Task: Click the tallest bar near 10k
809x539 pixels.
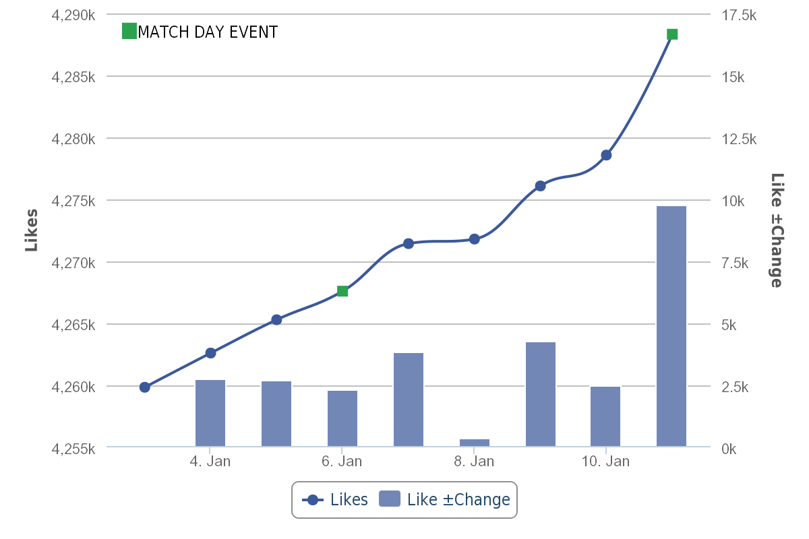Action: [x=671, y=326]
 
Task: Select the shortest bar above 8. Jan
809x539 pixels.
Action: [x=475, y=442]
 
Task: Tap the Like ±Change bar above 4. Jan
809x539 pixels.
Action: [x=210, y=412]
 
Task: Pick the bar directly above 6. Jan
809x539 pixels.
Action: [x=342, y=418]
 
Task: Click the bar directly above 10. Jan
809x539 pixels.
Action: [x=605, y=416]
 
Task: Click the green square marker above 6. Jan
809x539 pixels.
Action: [x=342, y=291]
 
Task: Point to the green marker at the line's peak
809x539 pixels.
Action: [x=672, y=34]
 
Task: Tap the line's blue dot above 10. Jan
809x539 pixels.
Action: [x=606, y=155]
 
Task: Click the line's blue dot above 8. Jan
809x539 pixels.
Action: [x=475, y=239]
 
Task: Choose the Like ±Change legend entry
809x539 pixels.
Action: [x=444, y=499]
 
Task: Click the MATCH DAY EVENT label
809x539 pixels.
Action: [x=207, y=32]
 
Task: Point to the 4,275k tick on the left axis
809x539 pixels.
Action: [x=73, y=201]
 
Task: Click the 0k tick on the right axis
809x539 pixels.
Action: [x=729, y=448]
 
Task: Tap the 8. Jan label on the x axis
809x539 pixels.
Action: [x=474, y=462]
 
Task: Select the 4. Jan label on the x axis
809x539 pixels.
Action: [x=210, y=462]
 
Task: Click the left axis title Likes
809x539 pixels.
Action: [x=31, y=230]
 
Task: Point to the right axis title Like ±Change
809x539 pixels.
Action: [x=777, y=230]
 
